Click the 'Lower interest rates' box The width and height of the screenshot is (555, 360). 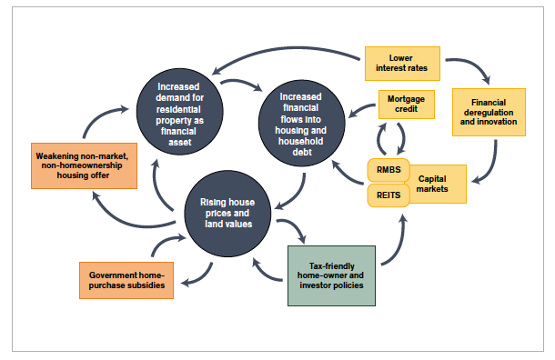[x=401, y=62]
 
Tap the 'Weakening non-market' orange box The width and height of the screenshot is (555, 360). [x=84, y=165]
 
